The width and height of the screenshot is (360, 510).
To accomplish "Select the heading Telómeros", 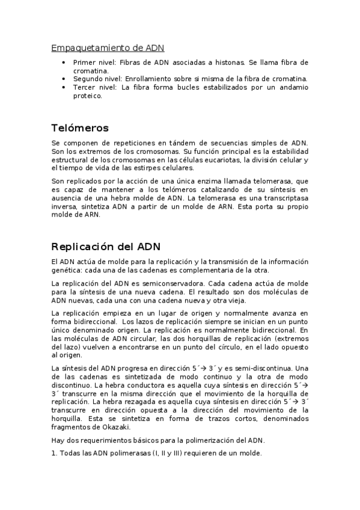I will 80,127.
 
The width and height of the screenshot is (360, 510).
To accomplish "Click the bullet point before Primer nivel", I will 64,63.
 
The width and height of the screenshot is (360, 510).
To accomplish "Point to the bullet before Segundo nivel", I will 64,79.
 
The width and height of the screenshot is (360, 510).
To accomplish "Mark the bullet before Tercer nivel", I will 64,87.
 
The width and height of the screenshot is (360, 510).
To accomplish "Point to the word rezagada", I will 114,401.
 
